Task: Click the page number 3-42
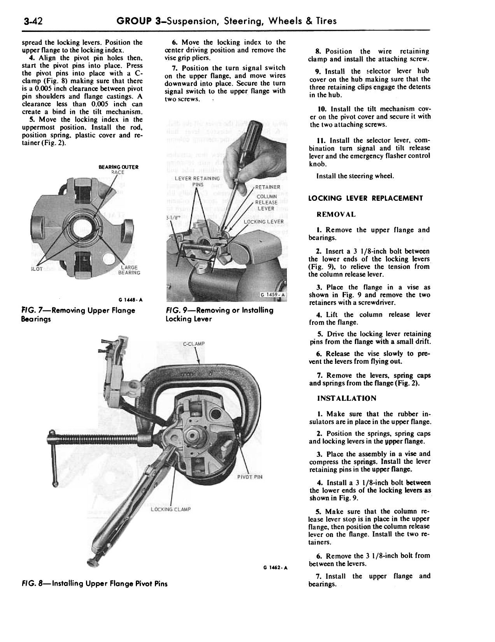point(33,21)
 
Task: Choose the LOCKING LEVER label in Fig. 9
point(263,222)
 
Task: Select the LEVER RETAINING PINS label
point(197,181)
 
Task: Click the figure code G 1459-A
point(273,295)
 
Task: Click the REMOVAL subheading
point(336,214)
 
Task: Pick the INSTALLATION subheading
point(347,398)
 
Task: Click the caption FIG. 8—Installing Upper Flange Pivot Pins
point(95,584)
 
